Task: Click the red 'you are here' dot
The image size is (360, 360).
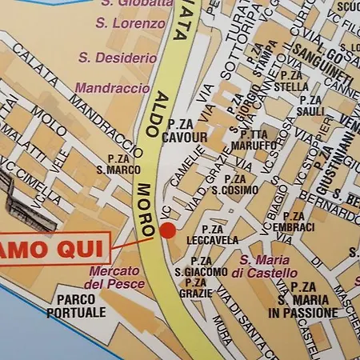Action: (168, 231)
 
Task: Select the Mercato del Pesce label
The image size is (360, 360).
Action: (116, 277)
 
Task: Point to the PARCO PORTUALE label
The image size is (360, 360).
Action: (76, 306)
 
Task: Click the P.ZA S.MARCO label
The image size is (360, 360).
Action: (118, 165)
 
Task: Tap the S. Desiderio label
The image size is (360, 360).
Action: (117, 58)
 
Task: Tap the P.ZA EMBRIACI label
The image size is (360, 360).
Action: (294, 222)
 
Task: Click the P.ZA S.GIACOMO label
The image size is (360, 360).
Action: (201, 266)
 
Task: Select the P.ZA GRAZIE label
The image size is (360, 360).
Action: (196, 288)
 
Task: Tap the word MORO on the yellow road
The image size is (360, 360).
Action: (144, 210)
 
